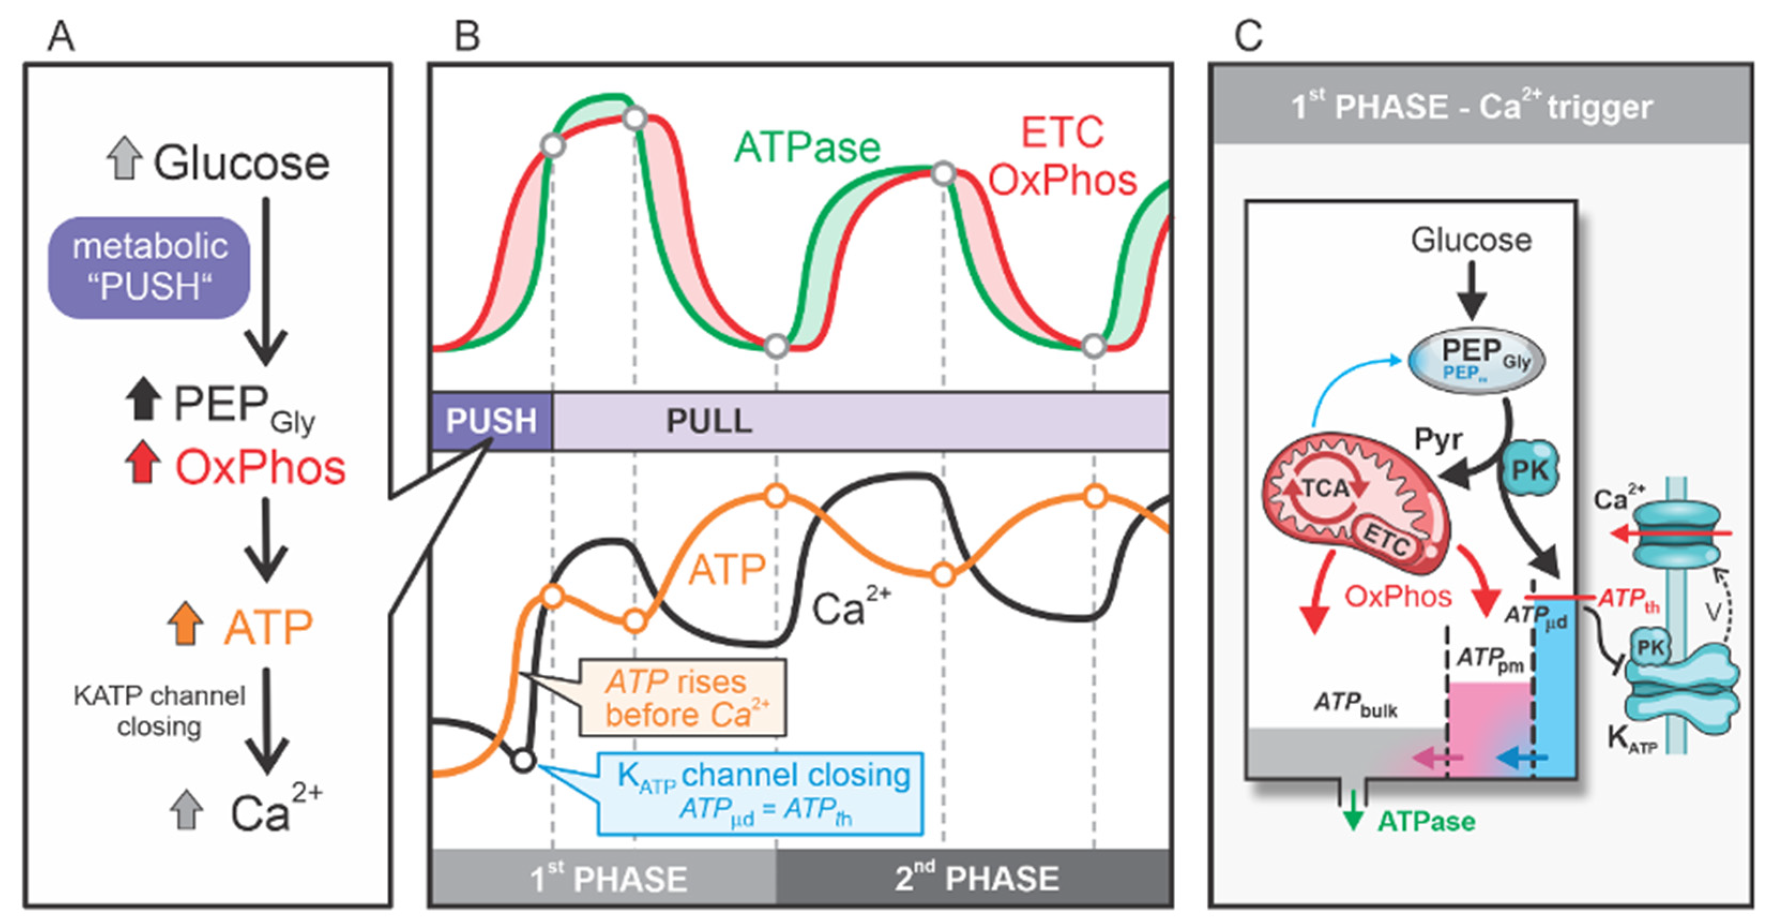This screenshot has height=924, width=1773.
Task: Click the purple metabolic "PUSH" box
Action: (x=149, y=267)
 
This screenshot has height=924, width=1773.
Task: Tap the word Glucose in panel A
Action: (x=241, y=163)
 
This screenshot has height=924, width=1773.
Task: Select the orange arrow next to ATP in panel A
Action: (x=185, y=624)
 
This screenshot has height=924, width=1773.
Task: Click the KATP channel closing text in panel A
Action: (x=159, y=710)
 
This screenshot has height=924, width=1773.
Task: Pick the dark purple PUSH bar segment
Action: (x=491, y=421)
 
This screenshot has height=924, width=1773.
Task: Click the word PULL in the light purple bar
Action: (x=709, y=421)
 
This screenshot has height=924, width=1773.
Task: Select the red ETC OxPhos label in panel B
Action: (x=1062, y=157)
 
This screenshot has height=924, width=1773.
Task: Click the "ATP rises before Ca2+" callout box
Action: (x=683, y=698)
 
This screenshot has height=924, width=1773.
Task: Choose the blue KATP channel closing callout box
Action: (x=760, y=794)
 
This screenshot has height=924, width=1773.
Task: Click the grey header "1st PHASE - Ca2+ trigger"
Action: (x=1480, y=105)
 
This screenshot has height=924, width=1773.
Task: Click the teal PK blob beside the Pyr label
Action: (x=1530, y=470)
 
